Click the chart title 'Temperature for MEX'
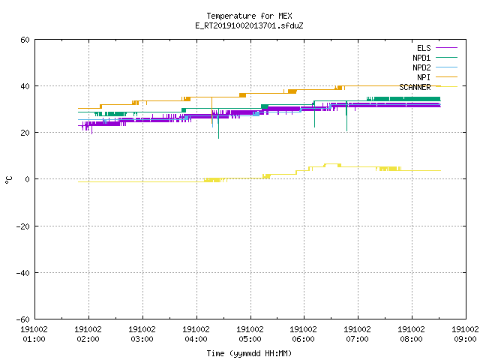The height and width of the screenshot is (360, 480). click(x=249, y=16)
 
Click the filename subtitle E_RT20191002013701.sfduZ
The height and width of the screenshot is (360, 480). click(x=249, y=25)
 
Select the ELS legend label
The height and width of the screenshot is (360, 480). click(x=424, y=48)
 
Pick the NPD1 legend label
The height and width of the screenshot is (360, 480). click(x=421, y=58)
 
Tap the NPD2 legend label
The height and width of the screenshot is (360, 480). click(x=421, y=67)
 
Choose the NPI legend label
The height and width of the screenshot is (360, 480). click(x=424, y=77)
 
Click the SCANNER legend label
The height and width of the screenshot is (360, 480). click(x=415, y=87)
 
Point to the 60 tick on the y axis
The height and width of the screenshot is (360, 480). click(x=25, y=40)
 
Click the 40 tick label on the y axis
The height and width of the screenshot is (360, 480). click(x=25, y=86)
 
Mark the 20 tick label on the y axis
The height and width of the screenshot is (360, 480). click(x=25, y=133)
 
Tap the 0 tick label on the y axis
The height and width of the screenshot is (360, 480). click(x=28, y=179)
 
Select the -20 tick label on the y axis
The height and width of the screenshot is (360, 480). click(x=23, y=226)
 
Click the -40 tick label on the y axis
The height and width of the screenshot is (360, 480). click(x=23, y=273)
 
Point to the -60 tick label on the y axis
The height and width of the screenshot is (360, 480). click(x=23, y=319)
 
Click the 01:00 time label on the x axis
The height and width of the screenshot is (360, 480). click(x=34, y=339)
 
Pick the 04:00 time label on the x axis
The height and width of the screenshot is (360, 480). click(x=196, y=339)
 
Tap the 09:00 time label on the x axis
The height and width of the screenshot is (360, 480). click(x=465, y=339)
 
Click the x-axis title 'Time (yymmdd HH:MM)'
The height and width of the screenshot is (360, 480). click(x=249, y=353)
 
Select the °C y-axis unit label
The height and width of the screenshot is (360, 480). click(x=8, y=180)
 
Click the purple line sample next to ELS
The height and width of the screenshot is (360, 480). click(x=446, y=48)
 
